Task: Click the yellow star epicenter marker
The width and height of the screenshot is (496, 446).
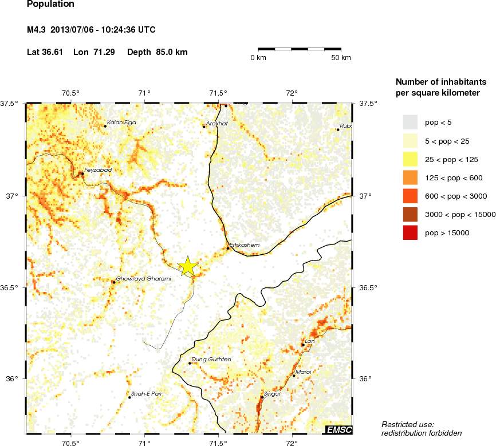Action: [188, 266]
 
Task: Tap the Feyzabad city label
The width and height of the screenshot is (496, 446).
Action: [97, 170]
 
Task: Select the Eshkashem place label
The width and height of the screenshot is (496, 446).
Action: [245, 245]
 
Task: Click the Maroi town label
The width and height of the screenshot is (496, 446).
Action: [304, 372]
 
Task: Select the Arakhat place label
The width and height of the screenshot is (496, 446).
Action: [218, 123]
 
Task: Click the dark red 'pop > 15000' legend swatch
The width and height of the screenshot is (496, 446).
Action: [410, 232]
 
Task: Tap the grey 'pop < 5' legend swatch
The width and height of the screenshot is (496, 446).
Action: [410, 122]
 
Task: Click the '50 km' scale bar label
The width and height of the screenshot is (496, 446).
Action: [341, 58]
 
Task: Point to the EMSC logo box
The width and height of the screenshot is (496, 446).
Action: [338, 429]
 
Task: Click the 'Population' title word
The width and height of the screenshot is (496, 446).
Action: [50, 5]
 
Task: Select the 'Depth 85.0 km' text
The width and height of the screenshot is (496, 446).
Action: [158, 52]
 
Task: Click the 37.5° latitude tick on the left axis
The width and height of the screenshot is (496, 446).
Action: [12, 104]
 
